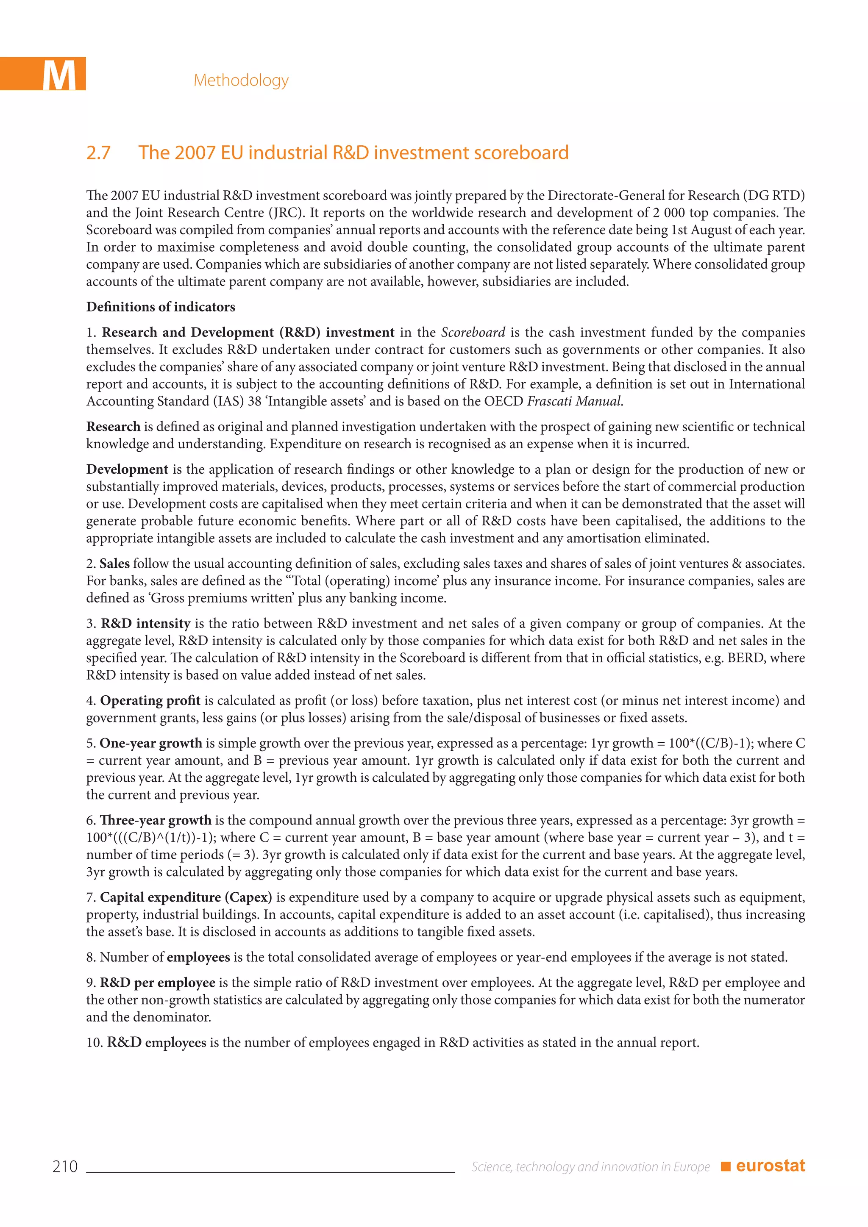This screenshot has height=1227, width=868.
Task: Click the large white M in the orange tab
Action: (x=59, y=75)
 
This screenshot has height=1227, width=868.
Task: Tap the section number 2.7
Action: (x=98, y=153)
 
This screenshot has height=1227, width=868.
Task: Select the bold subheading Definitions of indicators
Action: (x=160, y=307)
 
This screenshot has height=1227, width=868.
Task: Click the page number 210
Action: (x=65, y=1166)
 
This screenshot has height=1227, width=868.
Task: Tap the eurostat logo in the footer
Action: (x=770, y=1166)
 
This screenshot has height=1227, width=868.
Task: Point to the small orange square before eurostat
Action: (x=725, y=1166)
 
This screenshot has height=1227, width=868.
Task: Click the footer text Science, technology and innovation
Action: (x=590, y=1166)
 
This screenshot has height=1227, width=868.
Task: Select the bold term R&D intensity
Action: (x=146, y=624)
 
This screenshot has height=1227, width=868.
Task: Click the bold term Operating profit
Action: (x=150, y=701)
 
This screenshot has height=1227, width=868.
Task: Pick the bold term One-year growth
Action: (x=151, y=744)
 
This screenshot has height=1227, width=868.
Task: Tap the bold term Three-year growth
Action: (x=156, y=820)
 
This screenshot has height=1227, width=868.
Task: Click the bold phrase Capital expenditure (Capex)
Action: (x=186, y=897)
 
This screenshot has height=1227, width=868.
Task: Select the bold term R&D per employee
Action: (x=158, y=983)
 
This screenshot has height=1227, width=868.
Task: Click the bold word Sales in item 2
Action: (x=114, y=564)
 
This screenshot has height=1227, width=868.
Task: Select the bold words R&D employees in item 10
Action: (x=156, y=1043)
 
